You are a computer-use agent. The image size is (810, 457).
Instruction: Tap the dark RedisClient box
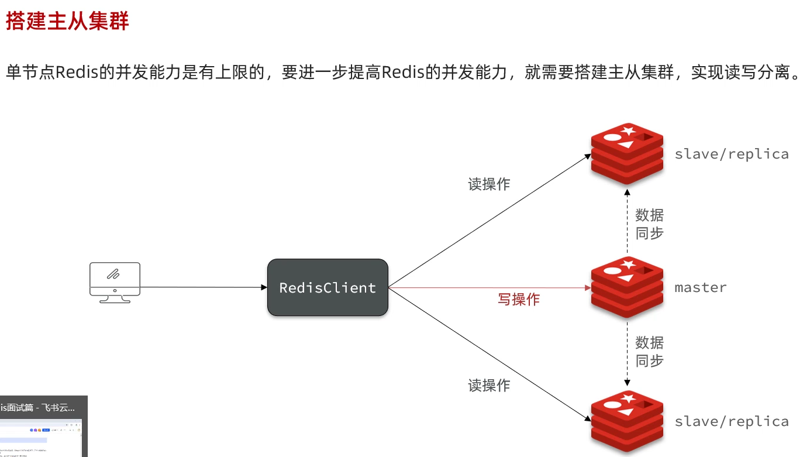pyautogui.click(x=328, y=287)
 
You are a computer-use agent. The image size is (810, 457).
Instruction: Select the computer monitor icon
pyautogui.click(x=115, y=282)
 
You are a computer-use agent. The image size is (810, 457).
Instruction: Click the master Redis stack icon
pyautogui.click(x=627, y=287)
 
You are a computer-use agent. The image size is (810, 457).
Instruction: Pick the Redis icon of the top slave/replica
pyautogui.click(x=627, y=153)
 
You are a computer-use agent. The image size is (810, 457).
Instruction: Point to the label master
pyautogui.click(x=701, y=287)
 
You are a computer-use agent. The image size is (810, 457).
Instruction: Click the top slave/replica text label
pyautogui.click(x=731, y=154)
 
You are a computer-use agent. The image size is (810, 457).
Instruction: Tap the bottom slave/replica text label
pyautogui.click(x=731, y=421)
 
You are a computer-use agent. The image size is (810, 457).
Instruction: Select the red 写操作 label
pyautogui.click(x=519, y=300)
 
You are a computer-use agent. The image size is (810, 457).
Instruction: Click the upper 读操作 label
pyautogui.click(x=489, y=184)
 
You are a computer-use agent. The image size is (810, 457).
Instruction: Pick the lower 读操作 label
pyautogui.click(x=489, y=386)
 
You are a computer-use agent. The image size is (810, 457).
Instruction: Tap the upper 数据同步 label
pyautogui.click(x=650, y=224)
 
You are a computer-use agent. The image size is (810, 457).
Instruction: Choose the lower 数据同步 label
pyautogui.click(x=650, y=351)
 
